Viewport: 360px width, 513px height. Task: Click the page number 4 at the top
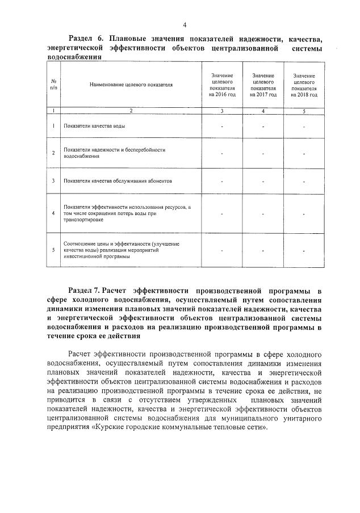coord(185,25)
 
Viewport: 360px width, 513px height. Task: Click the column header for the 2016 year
coord(222,85)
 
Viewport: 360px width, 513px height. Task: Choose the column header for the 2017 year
coord(263,85)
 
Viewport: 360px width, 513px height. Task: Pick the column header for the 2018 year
coord(304,85)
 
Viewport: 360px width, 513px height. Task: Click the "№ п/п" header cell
coord(53,85)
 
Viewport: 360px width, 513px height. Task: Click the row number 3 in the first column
coord(53,181)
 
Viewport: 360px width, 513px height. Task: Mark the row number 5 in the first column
coord(53,250)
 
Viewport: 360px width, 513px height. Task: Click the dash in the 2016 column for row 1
coord(222,125)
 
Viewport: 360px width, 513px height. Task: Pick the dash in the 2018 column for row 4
coord(304,214)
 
